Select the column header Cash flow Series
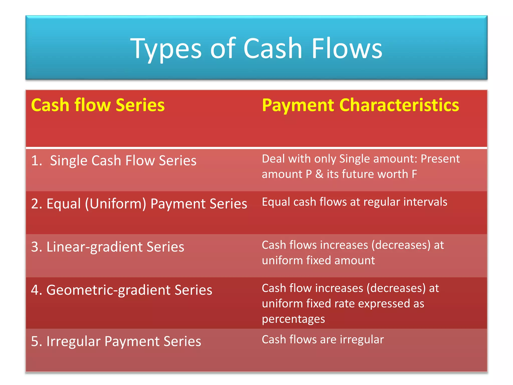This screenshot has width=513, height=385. pos(98,105)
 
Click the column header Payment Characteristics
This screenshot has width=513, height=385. pos(360,105)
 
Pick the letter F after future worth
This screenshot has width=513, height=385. pos(414,174)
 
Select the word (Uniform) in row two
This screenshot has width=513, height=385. pos(115,204)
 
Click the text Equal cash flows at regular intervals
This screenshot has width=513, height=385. pos(354,202)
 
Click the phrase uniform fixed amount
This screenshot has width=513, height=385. pos(318,260)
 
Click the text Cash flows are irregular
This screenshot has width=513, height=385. pos(323,340)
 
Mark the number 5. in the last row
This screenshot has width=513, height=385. pos(36,341)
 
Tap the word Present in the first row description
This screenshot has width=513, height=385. pos(440,159)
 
